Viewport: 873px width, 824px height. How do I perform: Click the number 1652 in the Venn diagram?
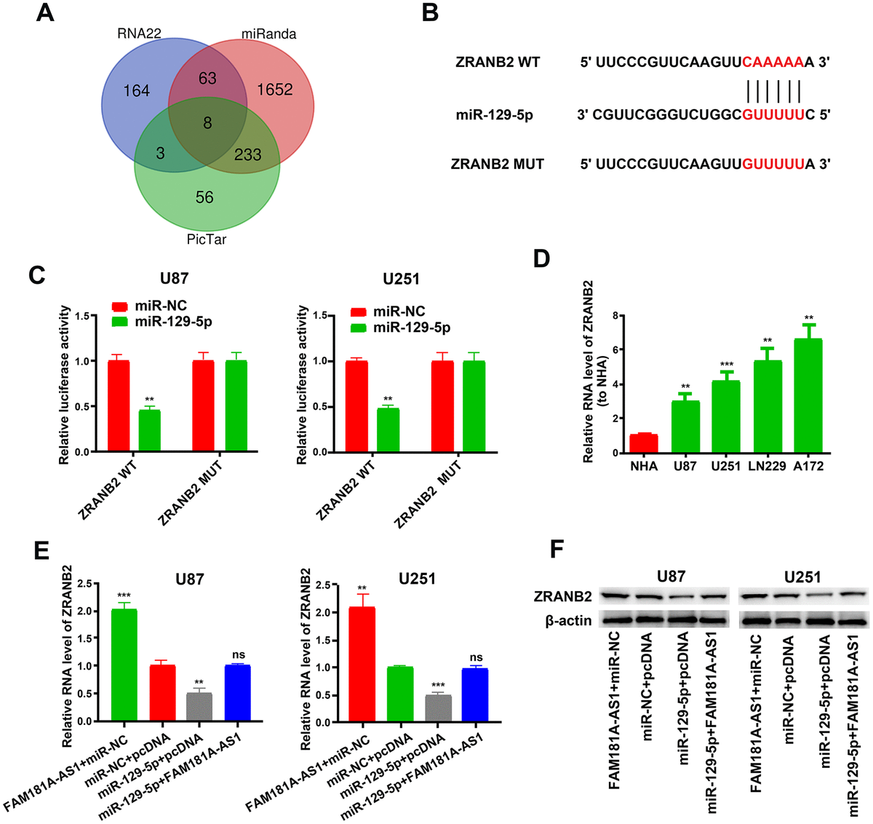tap(274, 90)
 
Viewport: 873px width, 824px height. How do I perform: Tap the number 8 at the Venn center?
tap(207, 123)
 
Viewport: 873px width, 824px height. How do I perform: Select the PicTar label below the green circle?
tap(207, 239)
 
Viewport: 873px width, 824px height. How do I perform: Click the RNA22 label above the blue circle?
tap(139, 33)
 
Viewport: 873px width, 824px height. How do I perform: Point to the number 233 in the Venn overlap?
tap(247, 154)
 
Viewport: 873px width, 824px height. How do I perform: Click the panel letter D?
tap(541, 258)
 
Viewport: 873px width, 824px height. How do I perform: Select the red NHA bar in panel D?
tap(644, 443)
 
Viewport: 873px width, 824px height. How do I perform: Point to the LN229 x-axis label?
tap(767, 466)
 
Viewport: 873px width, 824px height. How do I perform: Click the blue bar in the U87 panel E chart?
tap(239, 692)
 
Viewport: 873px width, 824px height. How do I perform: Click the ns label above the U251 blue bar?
tap(477, 657)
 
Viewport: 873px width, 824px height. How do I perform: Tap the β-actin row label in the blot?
tap(568, 621)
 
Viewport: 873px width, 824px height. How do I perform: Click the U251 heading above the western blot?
tap(802, 577)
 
